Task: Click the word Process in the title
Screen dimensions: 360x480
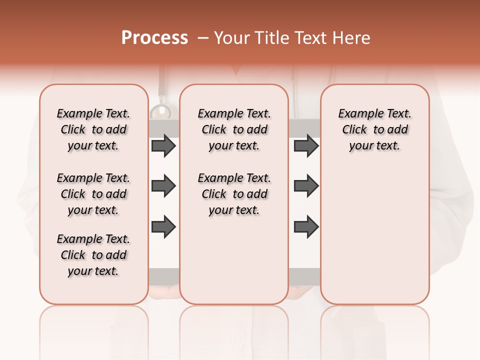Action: tap(154, 38)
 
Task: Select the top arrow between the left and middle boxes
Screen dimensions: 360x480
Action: tap(163, 146)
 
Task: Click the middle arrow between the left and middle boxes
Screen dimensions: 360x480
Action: tap(163, 186)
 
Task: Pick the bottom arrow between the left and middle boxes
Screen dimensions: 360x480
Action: tap(163, 226)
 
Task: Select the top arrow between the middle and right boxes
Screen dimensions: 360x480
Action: tap(306, 146)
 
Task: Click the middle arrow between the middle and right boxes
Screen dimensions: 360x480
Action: tap(306, 186)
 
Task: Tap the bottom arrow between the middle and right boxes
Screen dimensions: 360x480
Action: tap(306, 226)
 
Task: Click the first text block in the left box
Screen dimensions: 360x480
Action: tap(93, 129)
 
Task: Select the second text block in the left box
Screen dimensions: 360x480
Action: tap(93, 194)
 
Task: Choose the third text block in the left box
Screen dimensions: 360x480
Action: tap(93, 255)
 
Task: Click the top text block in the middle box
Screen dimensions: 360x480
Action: tap(234, 129)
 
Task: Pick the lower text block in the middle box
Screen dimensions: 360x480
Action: tap(234, 194)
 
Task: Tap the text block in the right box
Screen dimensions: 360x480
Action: tap(375, 129)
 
